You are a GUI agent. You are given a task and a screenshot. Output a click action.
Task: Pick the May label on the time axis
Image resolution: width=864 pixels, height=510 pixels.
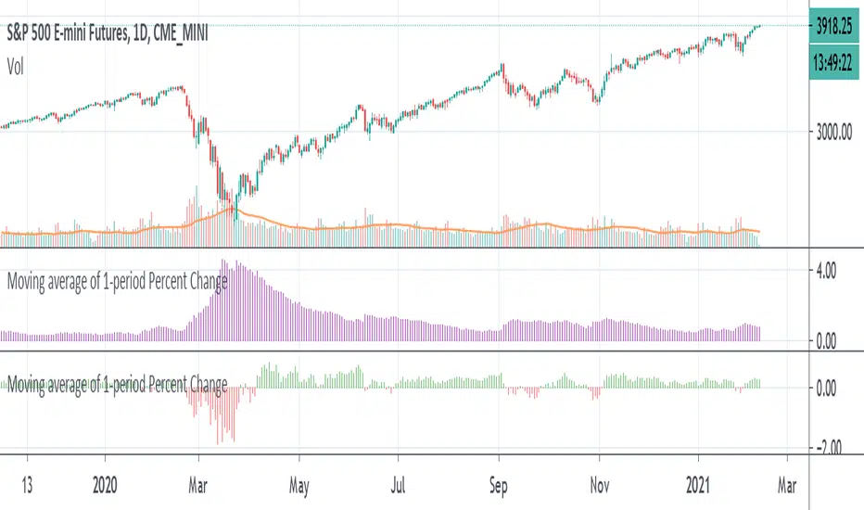coord(299,483)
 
